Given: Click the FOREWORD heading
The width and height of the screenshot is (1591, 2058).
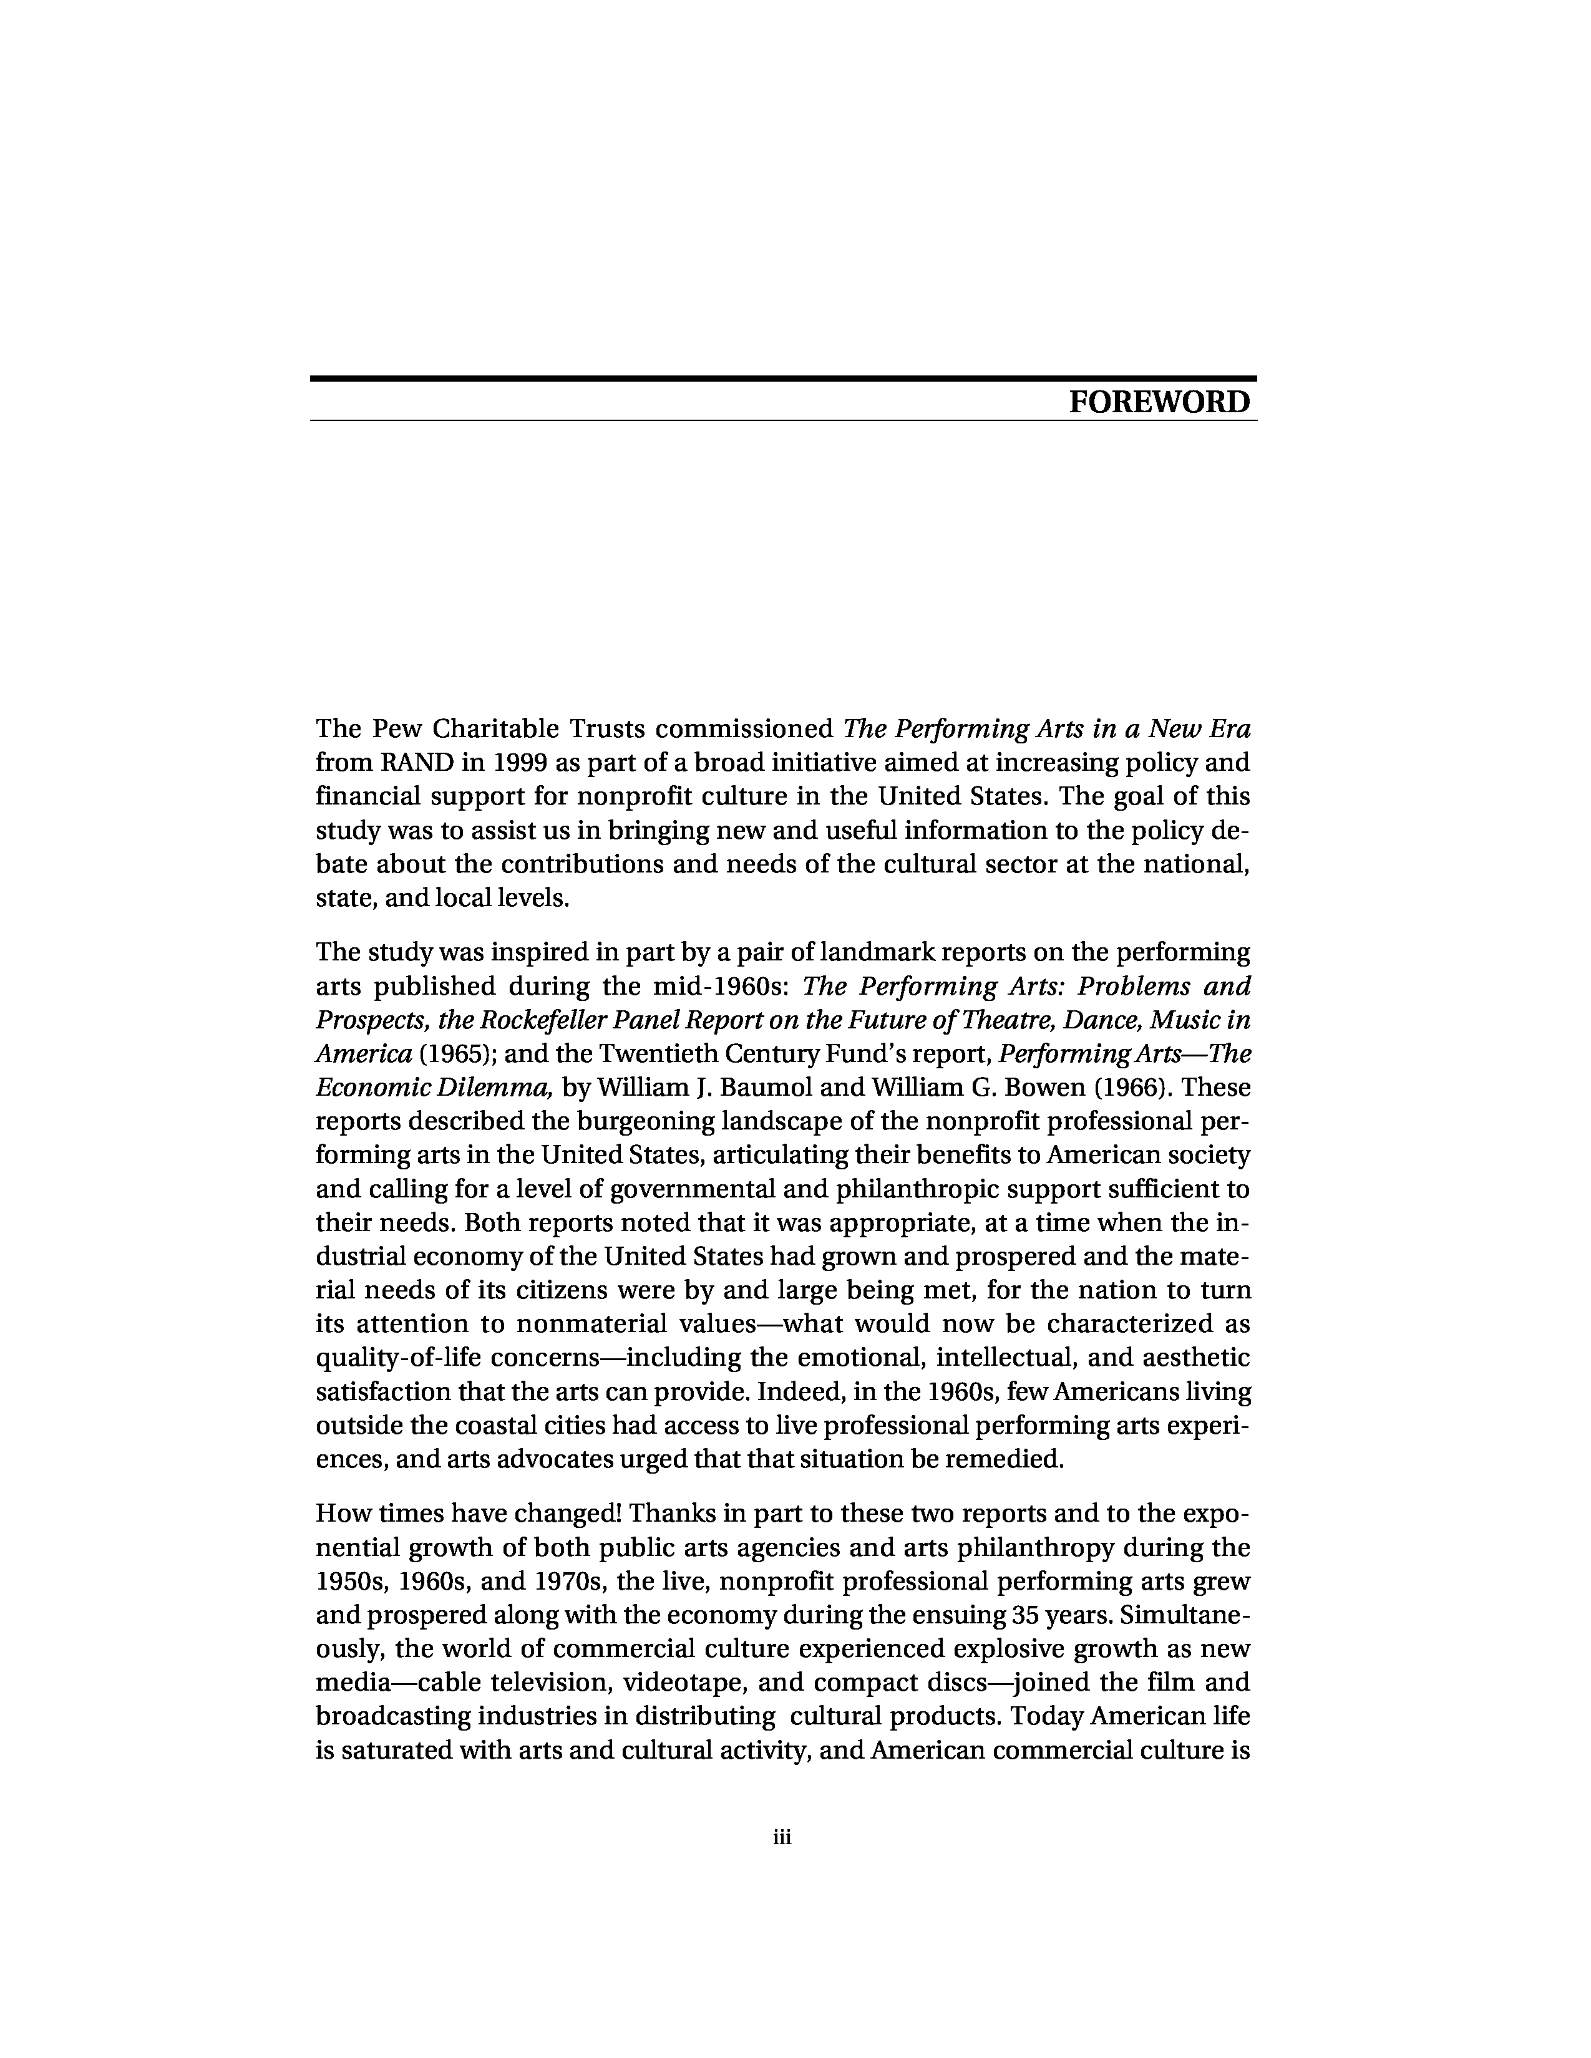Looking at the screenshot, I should tap(1159, 402).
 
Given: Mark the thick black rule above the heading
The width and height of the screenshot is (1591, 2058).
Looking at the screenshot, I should tap(782, 379).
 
